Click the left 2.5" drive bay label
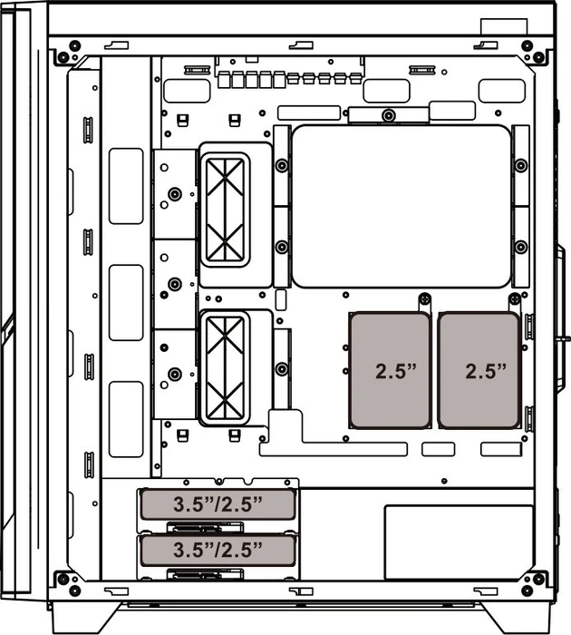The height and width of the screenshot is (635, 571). tap(396, 371)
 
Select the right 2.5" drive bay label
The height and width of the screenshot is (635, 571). tap(486, 371)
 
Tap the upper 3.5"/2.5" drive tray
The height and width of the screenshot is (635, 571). tap(218, 504)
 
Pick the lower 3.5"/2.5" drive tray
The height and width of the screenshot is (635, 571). tap(218, 550)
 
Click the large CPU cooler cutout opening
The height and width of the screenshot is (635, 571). tap(401, 206)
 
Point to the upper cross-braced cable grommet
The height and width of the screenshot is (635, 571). tap(225, 210)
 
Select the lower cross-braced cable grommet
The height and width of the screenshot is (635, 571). tap(225, 368)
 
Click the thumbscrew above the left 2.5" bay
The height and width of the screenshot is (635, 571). tap(424, 299)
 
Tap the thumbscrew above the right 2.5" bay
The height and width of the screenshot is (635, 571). tap(514, 299)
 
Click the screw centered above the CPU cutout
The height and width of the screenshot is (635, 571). tap(389, 115)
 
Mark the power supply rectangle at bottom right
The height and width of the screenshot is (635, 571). tap(459, 542)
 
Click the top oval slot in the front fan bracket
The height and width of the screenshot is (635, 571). tap(126, 186)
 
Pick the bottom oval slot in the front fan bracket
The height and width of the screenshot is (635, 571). tap(126, 419)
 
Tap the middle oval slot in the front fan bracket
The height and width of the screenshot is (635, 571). tap(126, 302)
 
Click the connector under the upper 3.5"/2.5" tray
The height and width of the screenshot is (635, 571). tap(205, 528)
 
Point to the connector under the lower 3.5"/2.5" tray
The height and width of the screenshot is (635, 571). tap(205, 574)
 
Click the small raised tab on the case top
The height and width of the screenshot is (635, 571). tap(504, 26)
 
